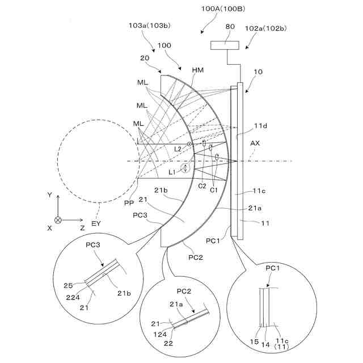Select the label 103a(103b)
(149, 26)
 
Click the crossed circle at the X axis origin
(58, 219)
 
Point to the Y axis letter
(50, 195)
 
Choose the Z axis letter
(82, 227)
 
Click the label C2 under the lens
(202, 185)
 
